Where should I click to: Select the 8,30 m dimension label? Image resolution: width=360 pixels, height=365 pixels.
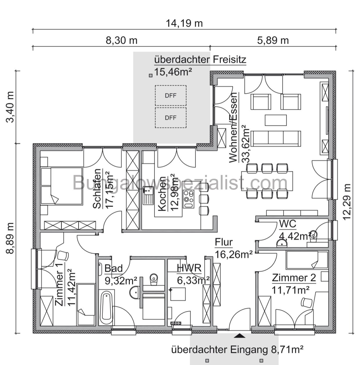121,40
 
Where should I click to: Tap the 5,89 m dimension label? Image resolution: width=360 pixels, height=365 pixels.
273,40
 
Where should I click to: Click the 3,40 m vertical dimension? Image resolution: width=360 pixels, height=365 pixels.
10,107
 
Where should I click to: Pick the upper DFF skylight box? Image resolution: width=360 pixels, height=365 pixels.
170,95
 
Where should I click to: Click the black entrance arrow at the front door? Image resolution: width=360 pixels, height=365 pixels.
240,336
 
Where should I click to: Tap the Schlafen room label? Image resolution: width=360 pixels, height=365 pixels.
97,189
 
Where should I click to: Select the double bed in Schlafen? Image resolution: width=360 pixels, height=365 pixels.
62,186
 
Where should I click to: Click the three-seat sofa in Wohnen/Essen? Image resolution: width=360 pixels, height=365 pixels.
276,138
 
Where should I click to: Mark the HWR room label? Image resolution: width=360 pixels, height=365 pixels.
189,268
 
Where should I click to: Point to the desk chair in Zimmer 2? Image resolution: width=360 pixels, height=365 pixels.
307,302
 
